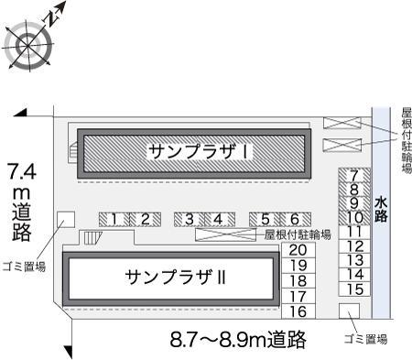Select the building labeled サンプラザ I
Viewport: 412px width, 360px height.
pyautogui.click(x=192, y=152)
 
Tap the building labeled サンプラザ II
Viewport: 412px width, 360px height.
pyautogui.click(x=170, y=277)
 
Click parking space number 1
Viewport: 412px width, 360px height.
pyautogui.click(x=114, y=219)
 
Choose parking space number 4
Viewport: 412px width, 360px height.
pyautogui.click(x=218, y=219)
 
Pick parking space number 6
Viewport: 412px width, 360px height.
pyautogui.click(x=294, y=219)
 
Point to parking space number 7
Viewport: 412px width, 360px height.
pyautogui.click(x=354, y=175)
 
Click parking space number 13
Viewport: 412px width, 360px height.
pyautogui.click(x=356, y=260)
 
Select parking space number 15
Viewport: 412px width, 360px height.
pyautogui.click(x=356, y=289)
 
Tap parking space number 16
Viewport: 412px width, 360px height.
pyautogui.click(x=297, y=311)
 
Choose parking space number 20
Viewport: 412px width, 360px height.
pyautogui.click(x=297, y=250)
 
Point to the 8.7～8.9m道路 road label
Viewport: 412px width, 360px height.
pyautogui.click(x=236, y=340)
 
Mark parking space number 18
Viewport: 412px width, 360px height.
pyautogui.click(x=297, y=281)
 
